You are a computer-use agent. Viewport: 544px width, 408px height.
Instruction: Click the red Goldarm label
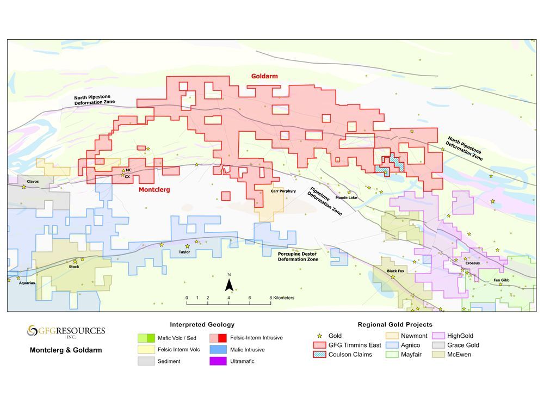click(x=264, y=76)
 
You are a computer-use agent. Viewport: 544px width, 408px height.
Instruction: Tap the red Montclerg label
click(x=154, y=190)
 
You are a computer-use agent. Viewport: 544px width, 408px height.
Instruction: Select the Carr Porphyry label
click(x=283, y=191)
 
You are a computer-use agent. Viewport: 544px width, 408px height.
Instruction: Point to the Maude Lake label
click(x=346, y=198)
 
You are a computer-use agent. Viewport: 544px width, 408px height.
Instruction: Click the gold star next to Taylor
click(x=188, y=246)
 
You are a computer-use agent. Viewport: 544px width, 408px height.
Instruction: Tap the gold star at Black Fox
click(x=392, y=277)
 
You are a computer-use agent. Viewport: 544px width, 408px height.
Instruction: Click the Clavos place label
click(x=33, y=181)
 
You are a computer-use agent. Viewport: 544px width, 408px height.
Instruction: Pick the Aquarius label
click(x=26, y=283)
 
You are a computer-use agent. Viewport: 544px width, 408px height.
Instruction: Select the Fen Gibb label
click(x=501, y=280)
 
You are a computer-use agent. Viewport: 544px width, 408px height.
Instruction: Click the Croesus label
click(x=472, y=263)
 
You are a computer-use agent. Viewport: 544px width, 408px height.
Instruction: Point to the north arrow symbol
click(x=230, y=285)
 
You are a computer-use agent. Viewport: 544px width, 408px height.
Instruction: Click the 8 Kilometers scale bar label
click(x=282, y=298)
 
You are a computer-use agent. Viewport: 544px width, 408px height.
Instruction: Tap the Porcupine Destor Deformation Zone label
click(x=298, y=257)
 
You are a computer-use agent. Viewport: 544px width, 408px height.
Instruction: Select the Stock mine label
click(x=74, y=267)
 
